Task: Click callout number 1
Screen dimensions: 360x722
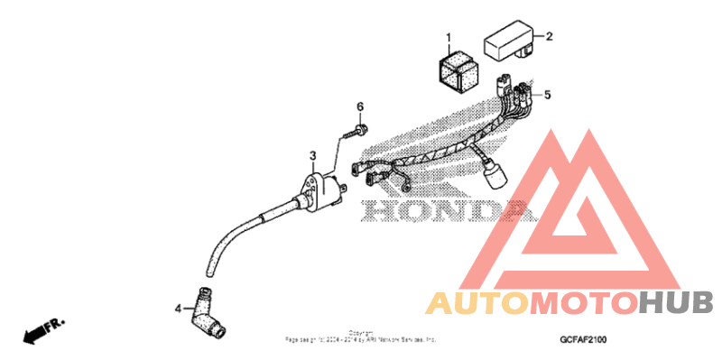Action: click(x=447, y=38)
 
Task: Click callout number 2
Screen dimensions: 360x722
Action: click(x=548, y=37)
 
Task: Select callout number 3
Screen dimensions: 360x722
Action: click(x=312, y=155)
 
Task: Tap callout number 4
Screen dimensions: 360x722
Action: click(x=178, y=308)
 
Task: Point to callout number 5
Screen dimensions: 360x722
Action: click(x=546, y=94)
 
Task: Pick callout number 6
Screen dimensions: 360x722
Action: click(x=359, y=107)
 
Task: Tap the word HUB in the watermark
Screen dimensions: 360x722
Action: click(x=676, y=304)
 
